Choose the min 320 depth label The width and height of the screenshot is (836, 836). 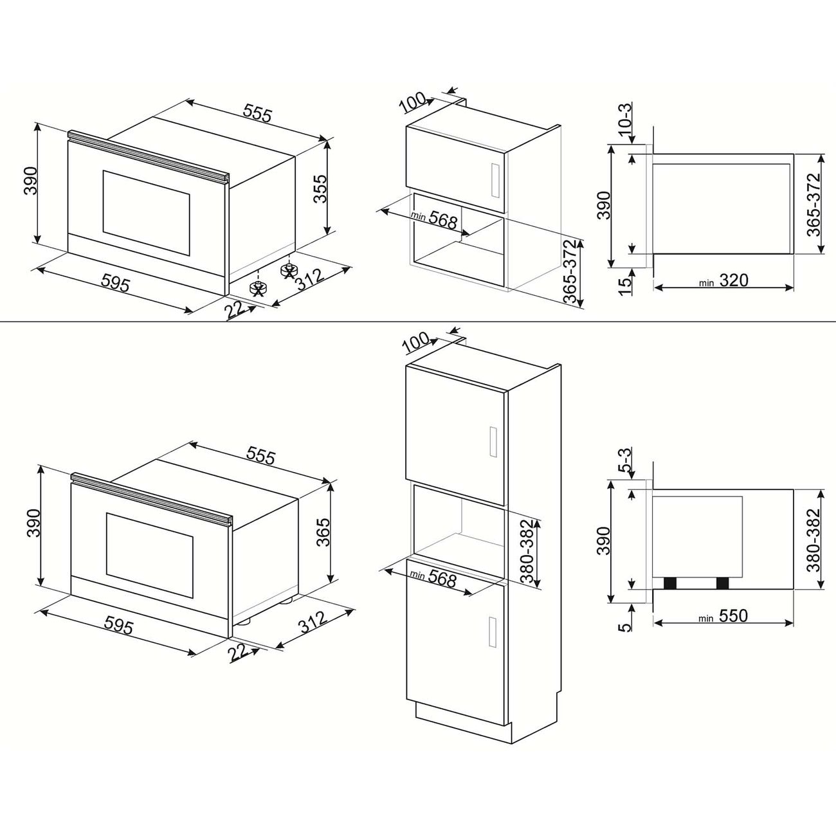(x=723, y=281)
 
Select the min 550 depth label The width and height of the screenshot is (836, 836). (x=723, y=616)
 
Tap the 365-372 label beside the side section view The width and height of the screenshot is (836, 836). (x=814, y=204)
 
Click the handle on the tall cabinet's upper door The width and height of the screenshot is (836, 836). (x=493, y=442)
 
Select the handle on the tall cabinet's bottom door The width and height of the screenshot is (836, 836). (x=493, y=632)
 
